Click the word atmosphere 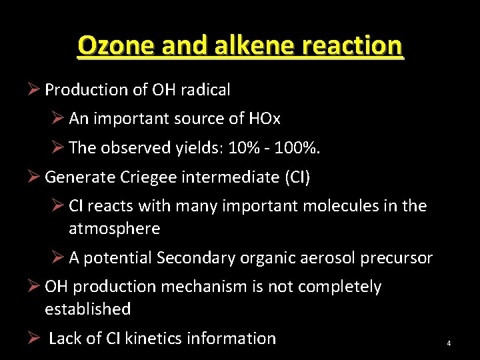pos(114,229)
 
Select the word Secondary pos(198,258)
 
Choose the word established pos(87,309)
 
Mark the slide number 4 pos(449,343)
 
